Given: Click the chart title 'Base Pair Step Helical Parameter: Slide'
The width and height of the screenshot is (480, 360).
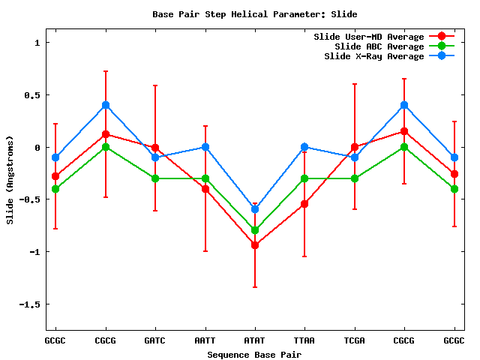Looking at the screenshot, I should pyautogui.click(x=254, y=14).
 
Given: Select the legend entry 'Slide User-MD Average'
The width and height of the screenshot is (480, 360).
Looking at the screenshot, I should pyautogui.click(x=368, y=37).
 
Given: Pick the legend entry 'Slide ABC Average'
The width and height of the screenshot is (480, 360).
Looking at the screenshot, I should pyautogui.click(x=379, y=46).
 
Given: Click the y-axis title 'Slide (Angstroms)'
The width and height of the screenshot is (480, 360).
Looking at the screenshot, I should pyautogui.click(x=10, y=180).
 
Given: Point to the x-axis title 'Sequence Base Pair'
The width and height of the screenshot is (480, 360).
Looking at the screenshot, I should pyautogui.click(x=254, y=354).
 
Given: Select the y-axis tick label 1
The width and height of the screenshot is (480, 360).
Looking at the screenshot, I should pyautogui.click(x=37, y=43).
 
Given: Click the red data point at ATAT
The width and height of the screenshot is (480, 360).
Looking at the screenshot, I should pyautogui.click(x=255, y=245).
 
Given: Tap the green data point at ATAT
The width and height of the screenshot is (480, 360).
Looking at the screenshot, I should pyautogui.click(x=255, y=230).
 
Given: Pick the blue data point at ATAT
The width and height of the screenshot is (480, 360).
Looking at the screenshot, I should pyautogui.click(x=255, y=209).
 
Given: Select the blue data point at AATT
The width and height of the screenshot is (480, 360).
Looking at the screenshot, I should pyautogui.click(x=205, y=147).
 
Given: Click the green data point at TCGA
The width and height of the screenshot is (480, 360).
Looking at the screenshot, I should pyautogui.click(x=355, y=178).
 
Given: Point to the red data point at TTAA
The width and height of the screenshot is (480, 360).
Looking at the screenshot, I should pyautogui.click(x=304, y=204).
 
